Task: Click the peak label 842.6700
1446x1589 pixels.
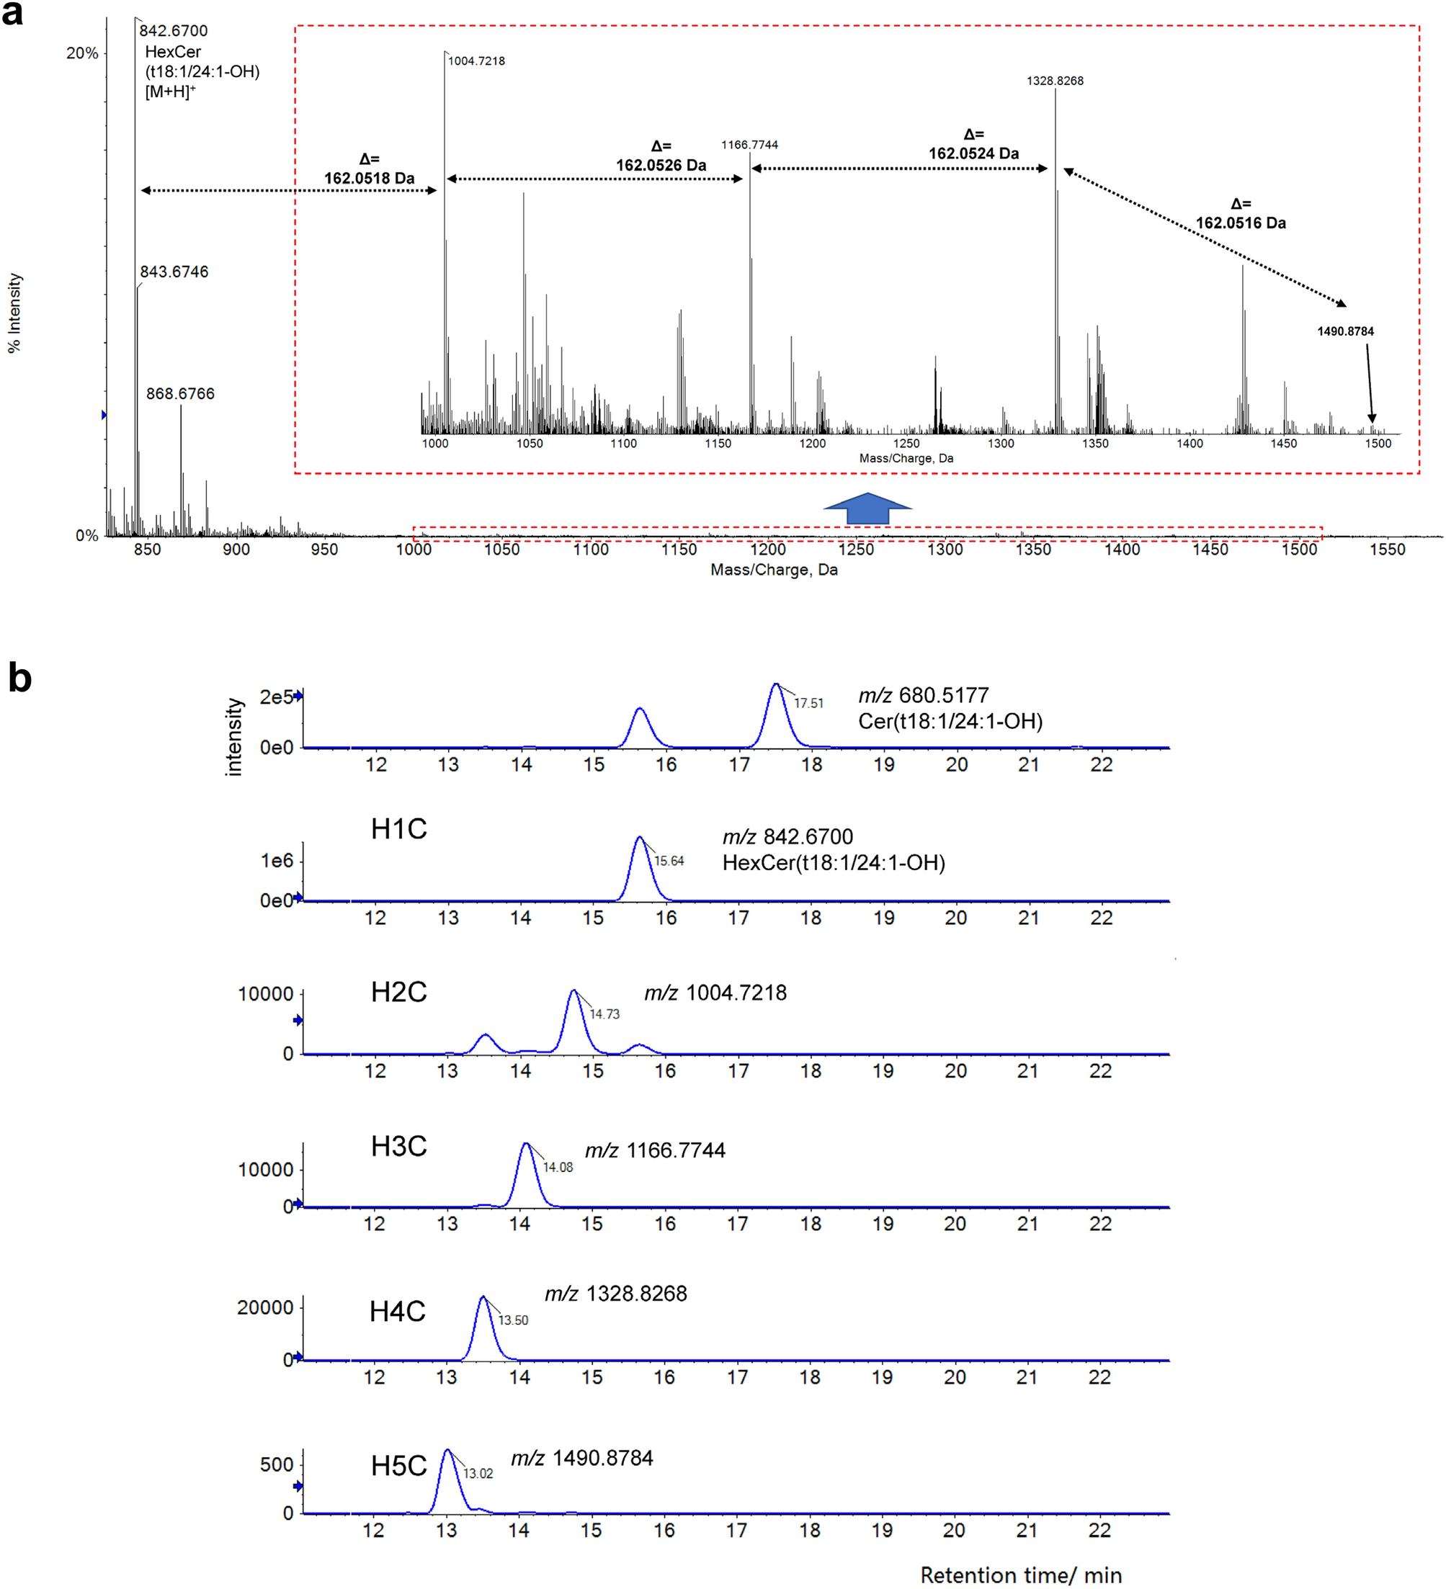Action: click(174, 31)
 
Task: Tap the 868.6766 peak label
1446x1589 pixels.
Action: click(180, 393)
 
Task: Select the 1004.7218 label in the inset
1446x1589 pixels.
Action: click(476, 61)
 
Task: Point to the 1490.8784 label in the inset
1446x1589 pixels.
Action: click(1345, 331)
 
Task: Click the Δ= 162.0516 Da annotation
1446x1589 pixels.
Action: click(1240, 214)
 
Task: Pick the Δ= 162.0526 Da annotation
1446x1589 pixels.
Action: click(661, 156)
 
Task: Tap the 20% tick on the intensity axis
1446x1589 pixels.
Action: click(82, 53)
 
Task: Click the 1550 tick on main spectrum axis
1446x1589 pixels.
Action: click(1387, 550)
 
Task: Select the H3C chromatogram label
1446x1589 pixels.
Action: click(399, 1146)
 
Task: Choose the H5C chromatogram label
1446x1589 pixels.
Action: click(399, 1465)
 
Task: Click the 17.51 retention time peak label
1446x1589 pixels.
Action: click(808, 703)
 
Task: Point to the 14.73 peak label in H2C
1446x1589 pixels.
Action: click(604, 1013)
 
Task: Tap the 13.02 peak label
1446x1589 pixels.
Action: click(478, 1473)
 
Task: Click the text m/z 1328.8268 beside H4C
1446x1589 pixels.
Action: click(616, 1294)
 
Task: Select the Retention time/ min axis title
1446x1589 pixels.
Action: click(1021, 1574)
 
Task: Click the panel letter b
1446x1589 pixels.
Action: click(19, 678)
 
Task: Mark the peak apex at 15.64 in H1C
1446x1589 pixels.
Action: click(640, 837)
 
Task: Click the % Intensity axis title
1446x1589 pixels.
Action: click(15, 313)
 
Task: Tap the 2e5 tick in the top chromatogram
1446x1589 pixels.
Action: click(276, 697)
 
